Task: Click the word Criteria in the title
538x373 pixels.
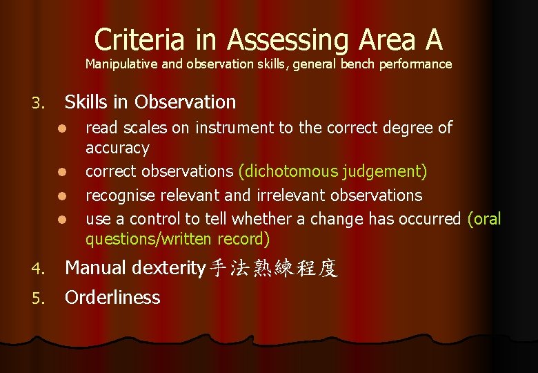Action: click(141, 39)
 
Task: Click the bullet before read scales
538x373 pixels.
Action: click(61, 128)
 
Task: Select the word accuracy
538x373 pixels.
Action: click(117, 148)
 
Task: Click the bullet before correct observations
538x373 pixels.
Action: click(61, 172)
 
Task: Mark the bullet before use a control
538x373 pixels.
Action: click(61, 220)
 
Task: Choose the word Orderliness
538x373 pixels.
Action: click(112, 298)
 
